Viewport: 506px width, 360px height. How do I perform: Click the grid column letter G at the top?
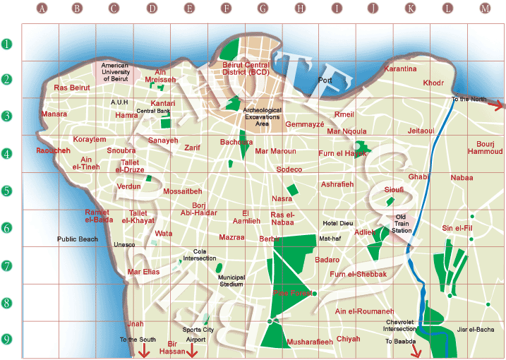point(263,9)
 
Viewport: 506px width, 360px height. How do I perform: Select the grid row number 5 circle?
point(7,191)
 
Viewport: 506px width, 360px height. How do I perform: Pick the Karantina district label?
point(400,69)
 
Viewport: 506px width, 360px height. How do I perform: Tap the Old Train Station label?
point(402,224)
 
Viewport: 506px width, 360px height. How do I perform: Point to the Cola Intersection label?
point(200,255)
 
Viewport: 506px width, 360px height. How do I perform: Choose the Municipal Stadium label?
point(231,281)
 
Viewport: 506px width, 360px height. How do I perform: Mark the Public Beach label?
point(78,239)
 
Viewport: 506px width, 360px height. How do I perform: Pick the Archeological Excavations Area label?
point(261,117)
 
